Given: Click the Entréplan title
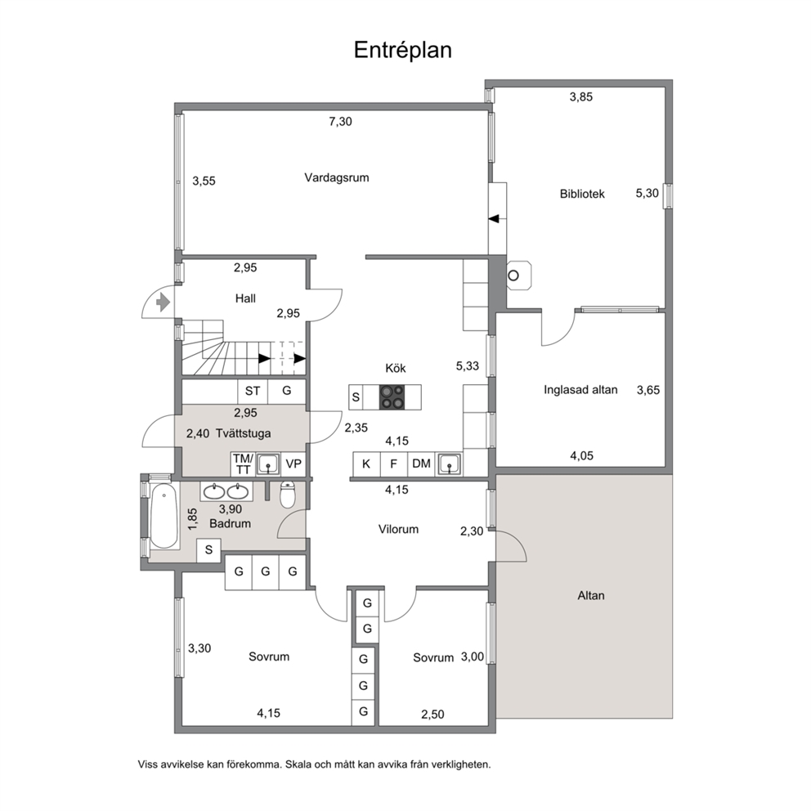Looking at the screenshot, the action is coord(402,50).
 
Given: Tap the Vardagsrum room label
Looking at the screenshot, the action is coord(337,177).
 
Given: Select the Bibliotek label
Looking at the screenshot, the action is coord(582,194).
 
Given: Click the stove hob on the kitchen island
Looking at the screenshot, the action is coord(392,397).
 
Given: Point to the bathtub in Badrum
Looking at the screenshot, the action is coord(164,516).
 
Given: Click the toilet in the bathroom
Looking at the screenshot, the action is coord(288,495).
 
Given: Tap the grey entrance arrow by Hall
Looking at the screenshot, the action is coord(164,302).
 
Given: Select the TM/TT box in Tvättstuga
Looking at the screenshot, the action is coord(243,464).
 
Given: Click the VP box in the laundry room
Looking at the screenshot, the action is coord(293,464).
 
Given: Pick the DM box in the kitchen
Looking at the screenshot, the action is coord(422,464).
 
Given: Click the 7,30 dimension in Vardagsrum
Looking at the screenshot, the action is coord(340,122).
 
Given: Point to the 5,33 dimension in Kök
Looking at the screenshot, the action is coord(467,366).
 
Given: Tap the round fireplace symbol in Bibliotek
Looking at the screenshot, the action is coord(513,276).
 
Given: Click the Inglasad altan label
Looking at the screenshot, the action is coord(580,390).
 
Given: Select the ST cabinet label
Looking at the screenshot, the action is coord(253,391).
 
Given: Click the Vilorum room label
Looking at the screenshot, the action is coord(398,529).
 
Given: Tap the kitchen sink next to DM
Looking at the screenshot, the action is coord(449,464).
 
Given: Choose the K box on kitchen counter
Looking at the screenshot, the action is coord(366,464).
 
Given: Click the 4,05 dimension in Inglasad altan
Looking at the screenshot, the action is coord(582,455).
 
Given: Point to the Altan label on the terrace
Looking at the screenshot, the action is coord(590,595).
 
